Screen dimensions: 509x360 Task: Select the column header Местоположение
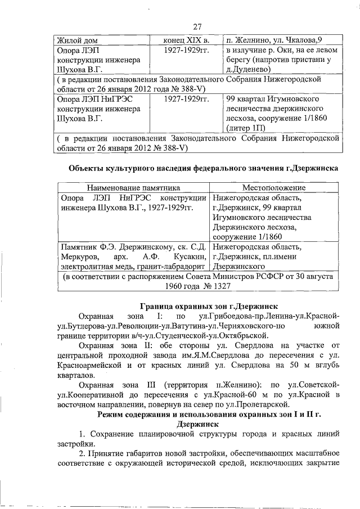click(273, 188)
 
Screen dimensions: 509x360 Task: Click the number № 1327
click(214, 286)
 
